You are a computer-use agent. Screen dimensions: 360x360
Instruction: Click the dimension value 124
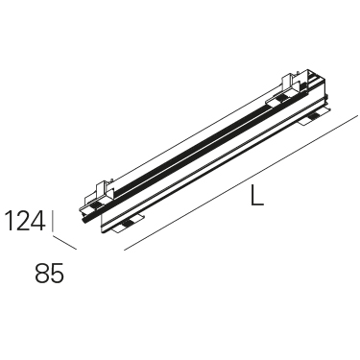(x=25, y=221)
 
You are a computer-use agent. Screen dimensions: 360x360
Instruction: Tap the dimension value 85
(x=50, y=273)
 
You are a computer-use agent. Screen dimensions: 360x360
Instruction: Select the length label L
(x=257, y=195)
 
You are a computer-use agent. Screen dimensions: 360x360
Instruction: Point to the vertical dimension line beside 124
(x=53, y=221)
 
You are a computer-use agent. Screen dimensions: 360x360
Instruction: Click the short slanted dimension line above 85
(x=65, y=243)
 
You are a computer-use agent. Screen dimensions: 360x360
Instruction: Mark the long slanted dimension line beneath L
(x=241, y=182)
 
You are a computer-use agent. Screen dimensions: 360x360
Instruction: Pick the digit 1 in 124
(x=10, y=221)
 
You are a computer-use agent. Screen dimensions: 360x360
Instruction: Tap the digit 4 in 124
(x=36, y=221)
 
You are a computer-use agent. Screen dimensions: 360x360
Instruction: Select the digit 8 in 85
(x=42, y=273)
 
